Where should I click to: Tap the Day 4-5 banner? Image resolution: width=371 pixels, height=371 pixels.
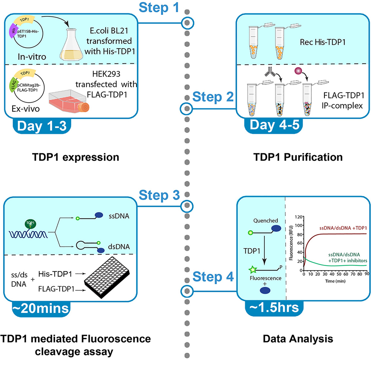coord(270,126)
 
